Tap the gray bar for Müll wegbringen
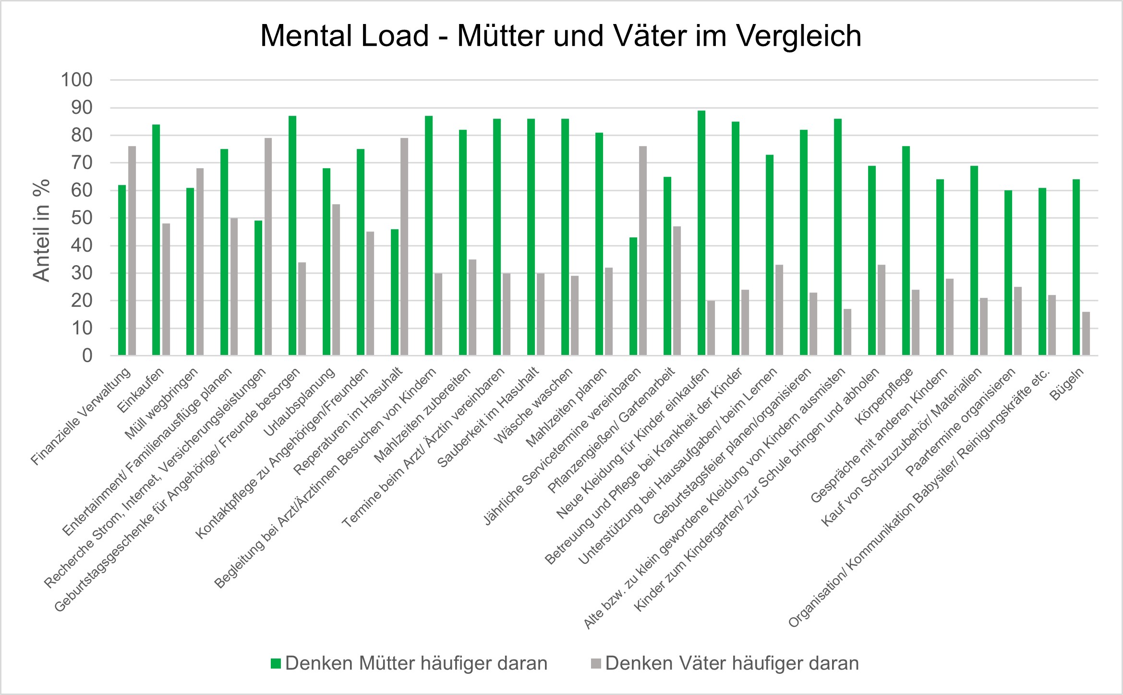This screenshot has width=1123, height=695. tap(200, 262)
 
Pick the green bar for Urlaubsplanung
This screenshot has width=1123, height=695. tap(326, 262)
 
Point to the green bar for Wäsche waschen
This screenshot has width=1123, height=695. tap(565, 237)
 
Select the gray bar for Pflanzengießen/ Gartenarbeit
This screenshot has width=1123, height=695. tap(677, 291)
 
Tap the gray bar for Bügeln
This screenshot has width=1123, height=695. tap(1086, 334)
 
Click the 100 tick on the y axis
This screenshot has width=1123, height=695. tap(76, 80)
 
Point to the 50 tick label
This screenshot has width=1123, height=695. tap(82, 219)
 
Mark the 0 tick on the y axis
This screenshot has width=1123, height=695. tap(87, 356)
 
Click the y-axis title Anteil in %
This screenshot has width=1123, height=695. tap(42, 230)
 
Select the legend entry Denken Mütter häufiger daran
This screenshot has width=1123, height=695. tap(416, 664)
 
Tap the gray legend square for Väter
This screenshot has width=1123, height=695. tap(596, 664)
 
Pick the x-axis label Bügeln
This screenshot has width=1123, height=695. tap(1067, 384)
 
